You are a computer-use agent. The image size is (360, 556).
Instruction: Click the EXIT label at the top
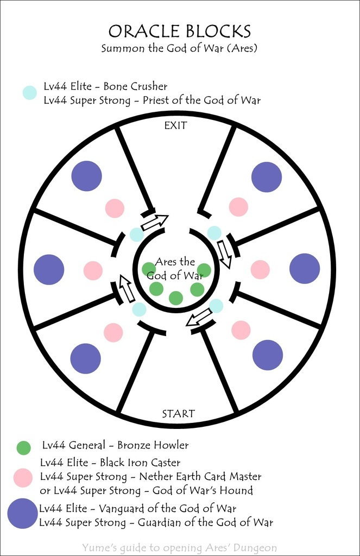pos(175,125)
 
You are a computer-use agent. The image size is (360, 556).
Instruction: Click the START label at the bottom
pos(178,414)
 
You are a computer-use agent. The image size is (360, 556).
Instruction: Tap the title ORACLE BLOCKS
pos(179,31)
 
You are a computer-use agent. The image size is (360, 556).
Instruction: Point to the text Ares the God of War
pos(175,269)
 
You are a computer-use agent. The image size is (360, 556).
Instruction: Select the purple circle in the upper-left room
pos(87,176)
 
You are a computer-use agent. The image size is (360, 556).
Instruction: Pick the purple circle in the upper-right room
pos(267,177)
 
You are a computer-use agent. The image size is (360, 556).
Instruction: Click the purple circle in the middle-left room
pos(49,269)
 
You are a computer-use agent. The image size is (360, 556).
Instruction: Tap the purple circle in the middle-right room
pos(305,268)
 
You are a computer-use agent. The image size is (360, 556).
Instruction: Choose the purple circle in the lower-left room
pos(86,358)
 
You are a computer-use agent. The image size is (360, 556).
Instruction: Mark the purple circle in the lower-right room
pos(268,355)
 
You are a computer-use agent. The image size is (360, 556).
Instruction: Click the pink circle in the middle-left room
pos(93,270)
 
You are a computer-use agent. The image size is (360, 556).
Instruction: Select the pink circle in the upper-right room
pos(238,207)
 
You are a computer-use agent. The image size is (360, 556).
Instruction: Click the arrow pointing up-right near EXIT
pos(155,222)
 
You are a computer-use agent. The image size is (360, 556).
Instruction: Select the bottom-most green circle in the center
pos(176,298)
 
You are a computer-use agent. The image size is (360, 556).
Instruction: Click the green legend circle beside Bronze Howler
pos(23,447)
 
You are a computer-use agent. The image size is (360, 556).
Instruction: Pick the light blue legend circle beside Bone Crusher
pos(29,93)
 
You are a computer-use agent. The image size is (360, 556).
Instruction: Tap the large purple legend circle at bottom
pos(23,514)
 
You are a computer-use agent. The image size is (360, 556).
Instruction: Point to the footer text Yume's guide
pos(180,548)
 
